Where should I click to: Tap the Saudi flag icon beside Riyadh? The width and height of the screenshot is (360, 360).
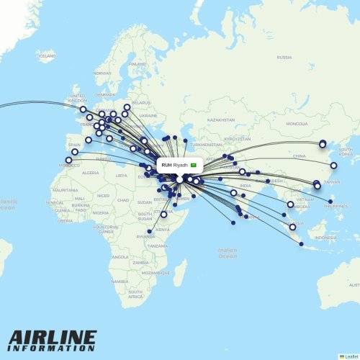click(193, 165)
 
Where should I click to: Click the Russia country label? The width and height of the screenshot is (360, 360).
click(284, 57)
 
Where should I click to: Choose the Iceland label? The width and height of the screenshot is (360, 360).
click(47, 55)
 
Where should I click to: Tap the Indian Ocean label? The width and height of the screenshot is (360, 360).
click(227, 253)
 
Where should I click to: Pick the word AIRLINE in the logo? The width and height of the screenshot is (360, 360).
click(53, 338)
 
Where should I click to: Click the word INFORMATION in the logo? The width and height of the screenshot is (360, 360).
click(53, 348)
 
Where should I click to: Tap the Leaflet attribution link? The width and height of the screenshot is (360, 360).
click(350, 356)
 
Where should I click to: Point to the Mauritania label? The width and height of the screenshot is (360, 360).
click(65, 190)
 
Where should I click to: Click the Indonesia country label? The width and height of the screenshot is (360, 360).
click(325, 238)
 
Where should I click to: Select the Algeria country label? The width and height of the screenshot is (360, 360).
click(91, 173)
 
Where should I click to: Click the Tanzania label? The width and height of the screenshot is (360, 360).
click(158, 246)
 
